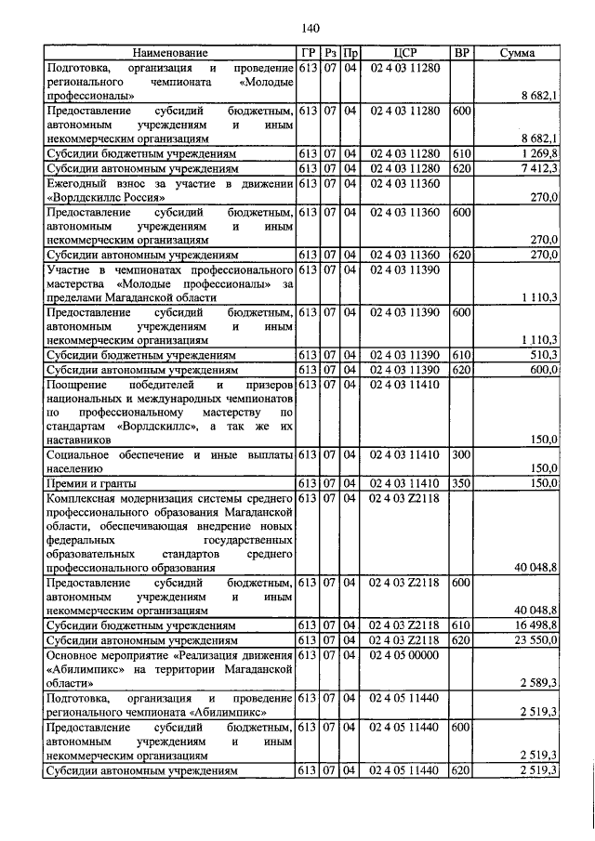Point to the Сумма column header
tap(517, 53)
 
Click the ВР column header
tap(461, 53)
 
